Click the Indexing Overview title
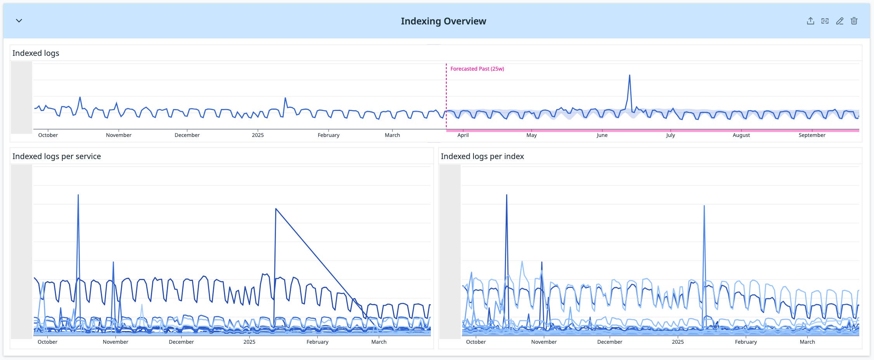pyautogui.click(x=443, y=21)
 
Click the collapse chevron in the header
pyautogui.click(x=19, y=21)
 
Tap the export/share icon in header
pyautogui.click(x=810, y=21)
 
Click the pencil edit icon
pyautogui.click(x=839, y=21)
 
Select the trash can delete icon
pyautogui.click(x=854, y=21)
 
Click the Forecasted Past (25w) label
pyautogui.click(x=477, y=69)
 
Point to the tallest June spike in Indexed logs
pyautogui.click(x=629, y=76)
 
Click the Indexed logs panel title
pyautogui.click(x=36, y=53)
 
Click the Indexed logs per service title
pyautogui.click(x=57, y=156)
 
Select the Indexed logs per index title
pyautogui.click(x=482, y=156)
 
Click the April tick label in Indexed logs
pyautogui.click(x=463, y=135)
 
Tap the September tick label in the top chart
pyautogui.click(x=812, y=135)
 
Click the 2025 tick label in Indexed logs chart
pyautogui.click(x=258, y=135)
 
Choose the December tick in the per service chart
pyautogui.click(x=181, y=342)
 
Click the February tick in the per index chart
pyautogui.click(x=746, y=342)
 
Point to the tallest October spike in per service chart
pyautogui.click(x=78, y=196)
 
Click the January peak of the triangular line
pyautogui.click(x=276, y=209)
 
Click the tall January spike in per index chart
pyautogui.click(x=704, y=207)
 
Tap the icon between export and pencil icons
pyautogui.click(x=825, y=21)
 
